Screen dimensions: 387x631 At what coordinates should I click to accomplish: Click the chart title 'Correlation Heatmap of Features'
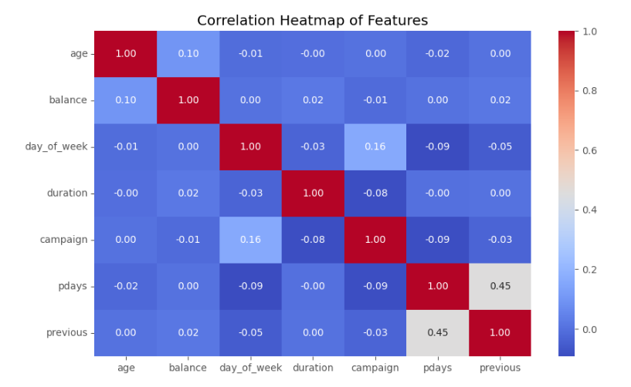click(x=312, y=20)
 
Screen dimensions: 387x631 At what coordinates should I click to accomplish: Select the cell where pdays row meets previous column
click(x=500, y=286)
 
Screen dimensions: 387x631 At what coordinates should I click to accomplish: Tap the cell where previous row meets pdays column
click(x=437, y=332)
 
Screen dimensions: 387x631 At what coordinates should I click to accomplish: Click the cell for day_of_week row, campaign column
click(x=375, y=146)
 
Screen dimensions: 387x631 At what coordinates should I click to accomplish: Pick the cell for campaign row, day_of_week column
click(x=250, y=240)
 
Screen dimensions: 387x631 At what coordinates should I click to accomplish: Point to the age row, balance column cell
click(x=188, y=54)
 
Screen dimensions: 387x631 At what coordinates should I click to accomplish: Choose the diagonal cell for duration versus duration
click(x=313, y=193)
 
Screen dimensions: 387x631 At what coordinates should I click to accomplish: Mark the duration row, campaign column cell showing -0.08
click(x=375, y=193)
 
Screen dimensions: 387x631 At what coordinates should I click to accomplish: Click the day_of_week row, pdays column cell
click(x=437, y=146)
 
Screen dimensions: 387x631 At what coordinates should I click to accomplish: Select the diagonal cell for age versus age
click(x=125, y=54)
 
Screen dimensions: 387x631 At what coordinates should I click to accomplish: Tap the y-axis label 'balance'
click(x=69, y=100)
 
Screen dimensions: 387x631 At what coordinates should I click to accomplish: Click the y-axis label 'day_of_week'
click(x=57, y=146)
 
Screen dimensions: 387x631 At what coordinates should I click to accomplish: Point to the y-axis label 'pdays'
click(x=73, y=286)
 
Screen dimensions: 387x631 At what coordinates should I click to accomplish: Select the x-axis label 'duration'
click(x=313, y=368)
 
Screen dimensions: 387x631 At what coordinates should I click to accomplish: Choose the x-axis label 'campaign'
click(x=375, y=368)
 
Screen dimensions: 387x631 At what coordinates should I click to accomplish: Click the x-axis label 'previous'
click(x=500, y=368)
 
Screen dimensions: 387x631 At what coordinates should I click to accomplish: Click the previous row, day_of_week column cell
click(x=250, y=332)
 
